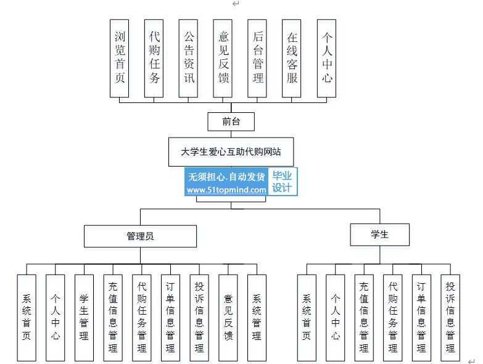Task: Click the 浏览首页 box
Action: [120, 59]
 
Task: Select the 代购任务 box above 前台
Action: [154, 59]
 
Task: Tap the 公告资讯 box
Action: [188, 59]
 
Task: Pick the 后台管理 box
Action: [257, 59]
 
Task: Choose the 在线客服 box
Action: [291, 59]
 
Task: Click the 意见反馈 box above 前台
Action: [223, 59]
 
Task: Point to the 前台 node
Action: [231, 122]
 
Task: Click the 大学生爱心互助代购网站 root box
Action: [231, 152]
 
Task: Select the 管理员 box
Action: [141, 236]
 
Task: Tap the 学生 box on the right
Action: [380, 234]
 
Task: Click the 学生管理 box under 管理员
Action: [84, 318]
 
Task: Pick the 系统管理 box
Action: [257, 318]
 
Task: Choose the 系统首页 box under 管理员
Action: [27, 318]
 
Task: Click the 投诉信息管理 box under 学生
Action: [450, 318]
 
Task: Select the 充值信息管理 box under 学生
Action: [364, 318]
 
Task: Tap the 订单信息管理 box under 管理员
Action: [170, 318]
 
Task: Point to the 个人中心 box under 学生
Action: [336, 318]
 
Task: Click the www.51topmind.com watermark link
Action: [226, 190]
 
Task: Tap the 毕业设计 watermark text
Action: [282, 182]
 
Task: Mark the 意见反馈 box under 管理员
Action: [228, 318]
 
